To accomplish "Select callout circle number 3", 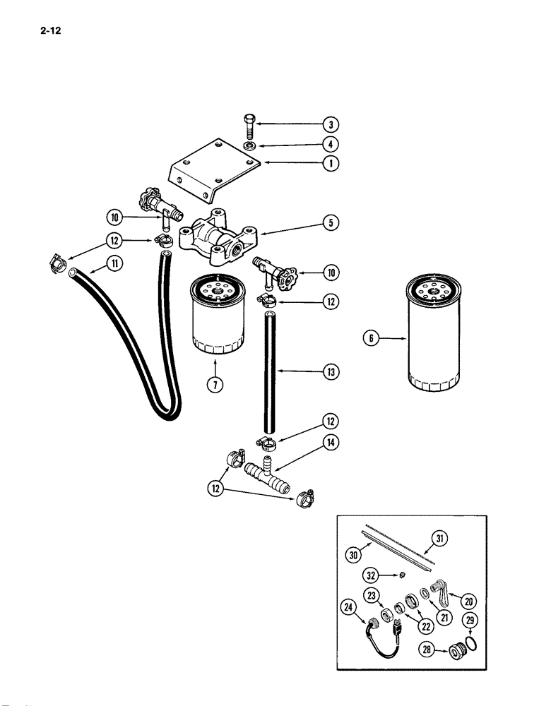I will click(x=330, y=126).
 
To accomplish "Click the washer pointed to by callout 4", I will click(x=250, y=146).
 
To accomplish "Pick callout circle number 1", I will click(x=330, y=164).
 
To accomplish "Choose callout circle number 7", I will click(x=212, y=384).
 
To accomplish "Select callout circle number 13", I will click(x=330, y=372).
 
